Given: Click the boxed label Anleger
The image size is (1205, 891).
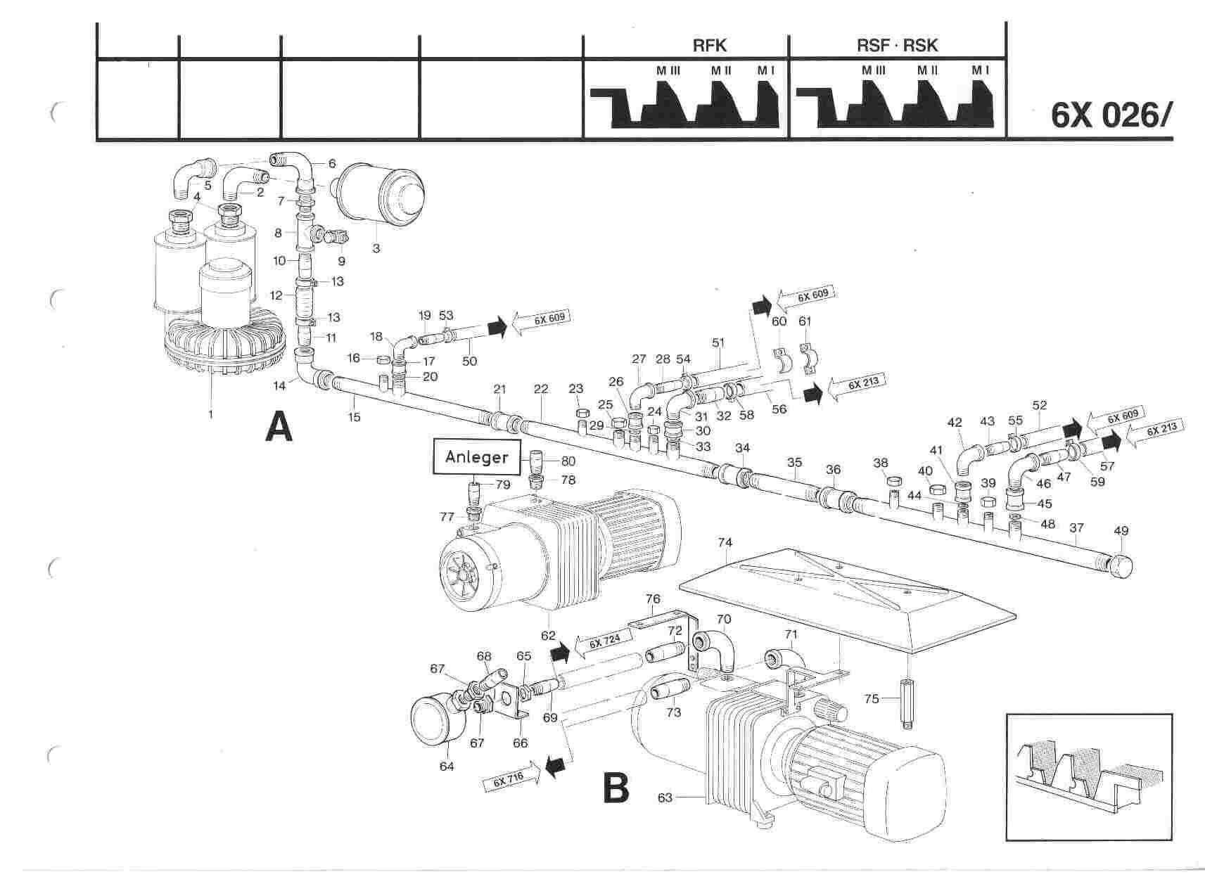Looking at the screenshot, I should click(476, 457).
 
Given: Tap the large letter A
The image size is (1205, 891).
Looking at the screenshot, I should click(279, 427).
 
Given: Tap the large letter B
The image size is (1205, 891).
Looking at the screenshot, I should click(616, 788).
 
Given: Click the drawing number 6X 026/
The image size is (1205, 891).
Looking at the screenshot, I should click(1111, 115).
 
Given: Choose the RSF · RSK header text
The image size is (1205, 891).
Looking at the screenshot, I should click(897, 46).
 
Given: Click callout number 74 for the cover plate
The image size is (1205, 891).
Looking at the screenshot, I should click(725, 542).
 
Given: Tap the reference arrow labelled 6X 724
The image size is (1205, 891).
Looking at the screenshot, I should click(604, 643).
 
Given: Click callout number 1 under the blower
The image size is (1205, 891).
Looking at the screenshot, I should click(210, 414).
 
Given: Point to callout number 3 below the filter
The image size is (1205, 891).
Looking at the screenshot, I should click(376, 249).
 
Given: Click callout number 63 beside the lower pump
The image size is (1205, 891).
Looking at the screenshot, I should click(665, 797).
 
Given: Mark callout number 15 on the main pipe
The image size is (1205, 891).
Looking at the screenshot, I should click(354, 417).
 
